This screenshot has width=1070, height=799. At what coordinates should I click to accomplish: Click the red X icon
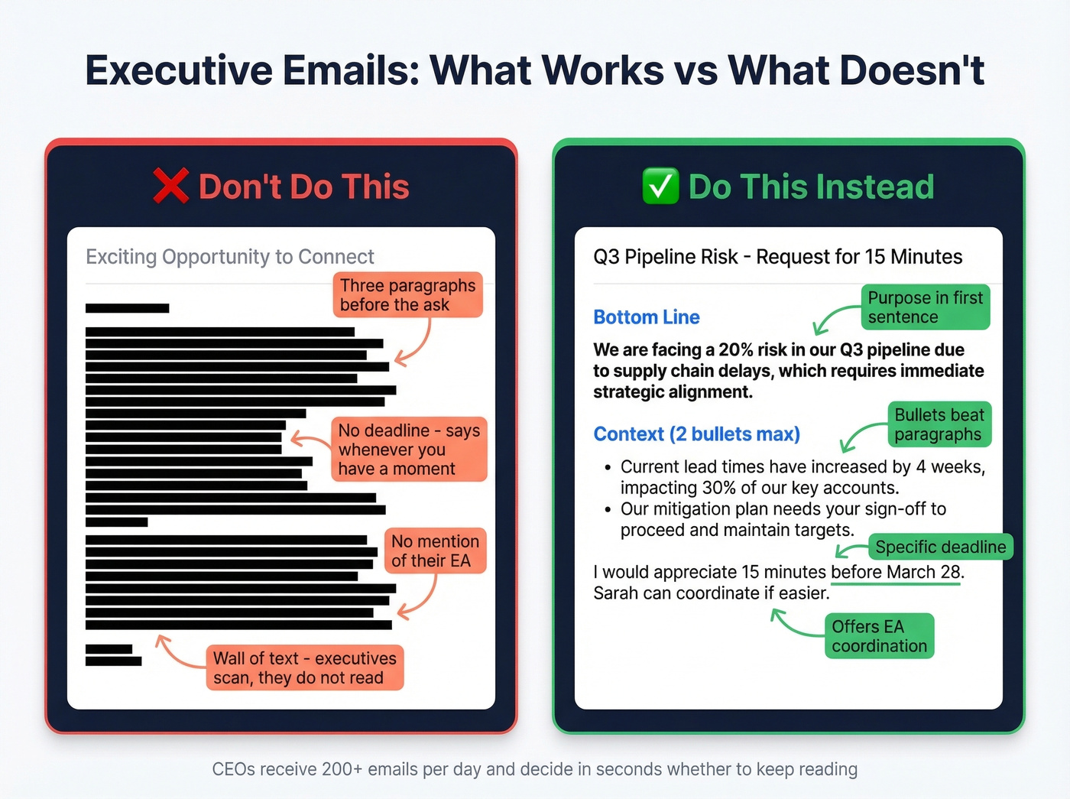tap(170, 186)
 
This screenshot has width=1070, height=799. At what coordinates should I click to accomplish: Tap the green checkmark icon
tap(660, 187)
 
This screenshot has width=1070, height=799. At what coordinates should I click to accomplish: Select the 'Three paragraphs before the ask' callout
tap(407, 295)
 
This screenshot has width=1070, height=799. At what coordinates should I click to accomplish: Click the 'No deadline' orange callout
tap(409, 450)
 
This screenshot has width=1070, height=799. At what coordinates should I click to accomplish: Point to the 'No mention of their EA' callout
tap(435, 551)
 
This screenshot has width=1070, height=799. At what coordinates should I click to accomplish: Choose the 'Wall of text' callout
tap(305, 668)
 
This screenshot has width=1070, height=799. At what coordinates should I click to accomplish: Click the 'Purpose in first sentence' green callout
tap(925, 307)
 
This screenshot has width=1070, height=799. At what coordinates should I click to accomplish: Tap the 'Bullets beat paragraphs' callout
tap(939, 424)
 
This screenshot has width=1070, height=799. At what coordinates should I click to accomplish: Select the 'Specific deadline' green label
tap(940, 547)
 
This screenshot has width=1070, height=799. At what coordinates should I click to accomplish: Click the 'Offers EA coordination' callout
tap(879, 636)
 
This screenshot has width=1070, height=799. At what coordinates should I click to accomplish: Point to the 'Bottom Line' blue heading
tap(647, 317)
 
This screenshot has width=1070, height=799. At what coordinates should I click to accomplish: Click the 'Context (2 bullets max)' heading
tap(696, 434)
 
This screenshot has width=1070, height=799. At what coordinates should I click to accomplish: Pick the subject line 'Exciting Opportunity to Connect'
tap(230, 257)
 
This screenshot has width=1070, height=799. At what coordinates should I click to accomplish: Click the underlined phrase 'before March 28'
tap(896, 572)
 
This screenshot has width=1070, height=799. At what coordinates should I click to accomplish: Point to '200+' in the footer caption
tap(342, 769)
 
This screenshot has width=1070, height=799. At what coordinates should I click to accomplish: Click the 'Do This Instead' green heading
tap(811, 187)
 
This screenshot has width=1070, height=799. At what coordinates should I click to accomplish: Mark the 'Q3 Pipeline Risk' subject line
tap(665, 257)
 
